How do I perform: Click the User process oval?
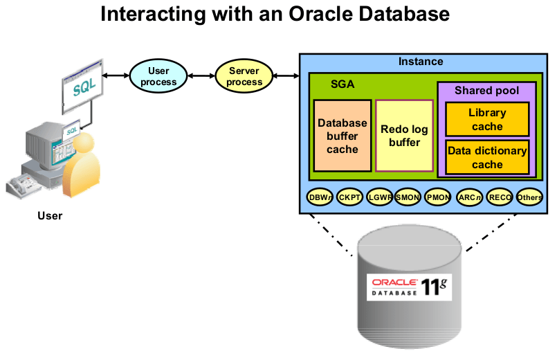158,76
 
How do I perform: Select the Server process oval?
245,76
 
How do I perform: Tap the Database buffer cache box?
343,136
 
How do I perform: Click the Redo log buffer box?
404,136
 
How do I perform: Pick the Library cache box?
487,119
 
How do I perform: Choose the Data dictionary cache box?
487,157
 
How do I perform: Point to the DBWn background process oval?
320,197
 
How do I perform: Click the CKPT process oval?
350,197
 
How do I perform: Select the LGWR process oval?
380,197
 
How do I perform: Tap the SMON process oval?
408,197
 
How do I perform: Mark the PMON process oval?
438,197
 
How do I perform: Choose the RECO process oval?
500,197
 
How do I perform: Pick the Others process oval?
529,197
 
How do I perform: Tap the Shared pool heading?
486,91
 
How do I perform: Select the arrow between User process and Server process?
201,76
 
